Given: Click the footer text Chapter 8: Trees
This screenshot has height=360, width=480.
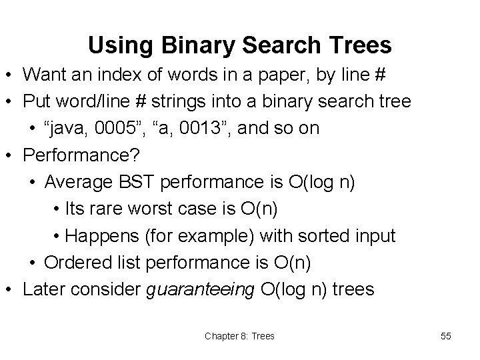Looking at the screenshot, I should coord(239,336).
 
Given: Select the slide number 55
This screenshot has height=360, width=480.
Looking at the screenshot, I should coord(446,336).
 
